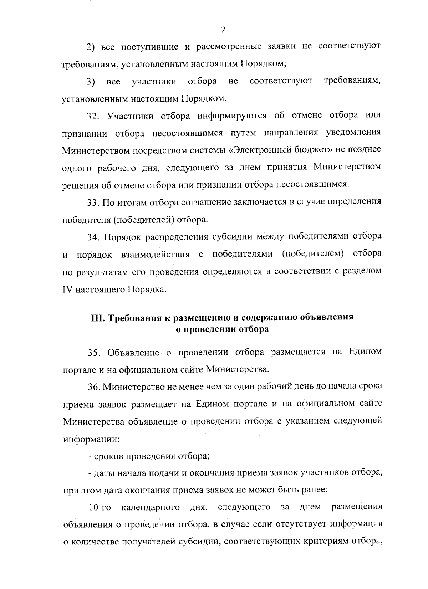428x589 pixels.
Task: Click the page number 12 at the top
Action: pyautogui.click(x=221, y=30)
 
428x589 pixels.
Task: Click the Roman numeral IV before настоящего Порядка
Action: pyautogui.click(x=67, y=289)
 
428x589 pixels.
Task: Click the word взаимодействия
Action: pyautogui.click(x=155, y=255)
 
